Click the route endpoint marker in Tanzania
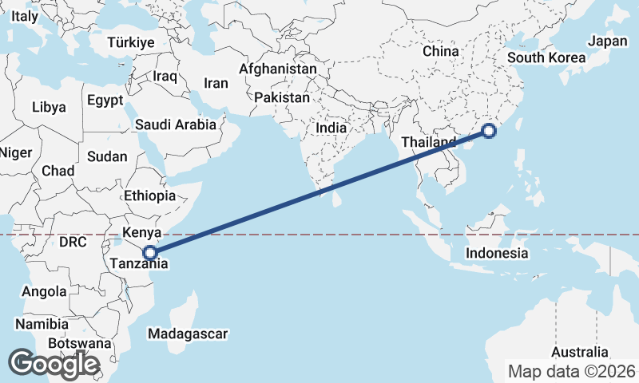coord(149,254)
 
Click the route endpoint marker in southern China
coord(489,132)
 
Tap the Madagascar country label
coord(189,334)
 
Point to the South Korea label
coord(546,57)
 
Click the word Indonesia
coord(498,253)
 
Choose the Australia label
coord(580,352)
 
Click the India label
coord(331,127)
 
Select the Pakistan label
coord(282,97)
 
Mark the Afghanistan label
coord(277,69)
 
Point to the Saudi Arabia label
coord(176,124)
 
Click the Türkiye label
coord(131,42)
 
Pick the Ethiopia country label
coord(149,195)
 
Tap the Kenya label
coord(142,233)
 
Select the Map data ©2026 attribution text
coord(572,371)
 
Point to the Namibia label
coord(41,324)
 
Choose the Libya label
coord(50,107)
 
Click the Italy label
coord(24,15)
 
